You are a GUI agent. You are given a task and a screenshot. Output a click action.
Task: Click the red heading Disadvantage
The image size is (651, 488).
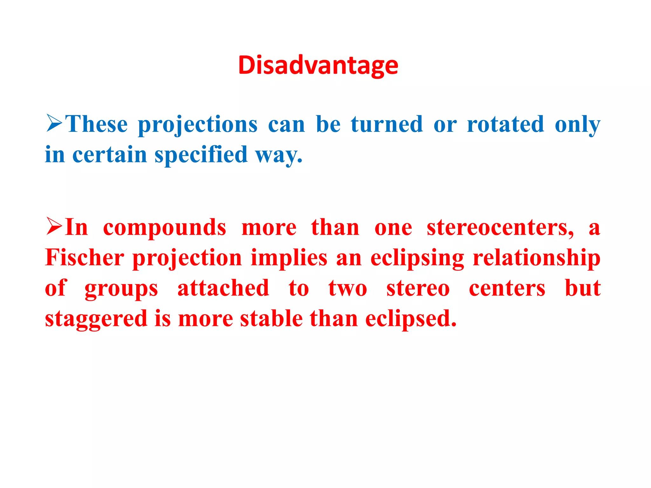318,65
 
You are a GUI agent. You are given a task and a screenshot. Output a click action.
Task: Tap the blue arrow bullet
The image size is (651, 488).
54,123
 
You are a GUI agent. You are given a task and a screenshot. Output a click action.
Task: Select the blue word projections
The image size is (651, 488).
198,125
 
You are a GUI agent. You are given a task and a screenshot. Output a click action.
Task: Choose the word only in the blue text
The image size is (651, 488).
577,125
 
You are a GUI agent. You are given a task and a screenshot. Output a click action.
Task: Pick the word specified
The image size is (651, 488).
201,155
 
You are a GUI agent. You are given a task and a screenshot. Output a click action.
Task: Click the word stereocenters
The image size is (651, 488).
500,227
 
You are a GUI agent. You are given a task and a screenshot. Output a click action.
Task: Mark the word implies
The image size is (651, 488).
289,258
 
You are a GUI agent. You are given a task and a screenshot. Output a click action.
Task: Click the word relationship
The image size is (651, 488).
537,258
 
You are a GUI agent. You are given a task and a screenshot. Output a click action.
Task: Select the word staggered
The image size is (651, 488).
96,319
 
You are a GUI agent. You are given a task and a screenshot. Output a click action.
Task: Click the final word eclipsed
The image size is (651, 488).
411,319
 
